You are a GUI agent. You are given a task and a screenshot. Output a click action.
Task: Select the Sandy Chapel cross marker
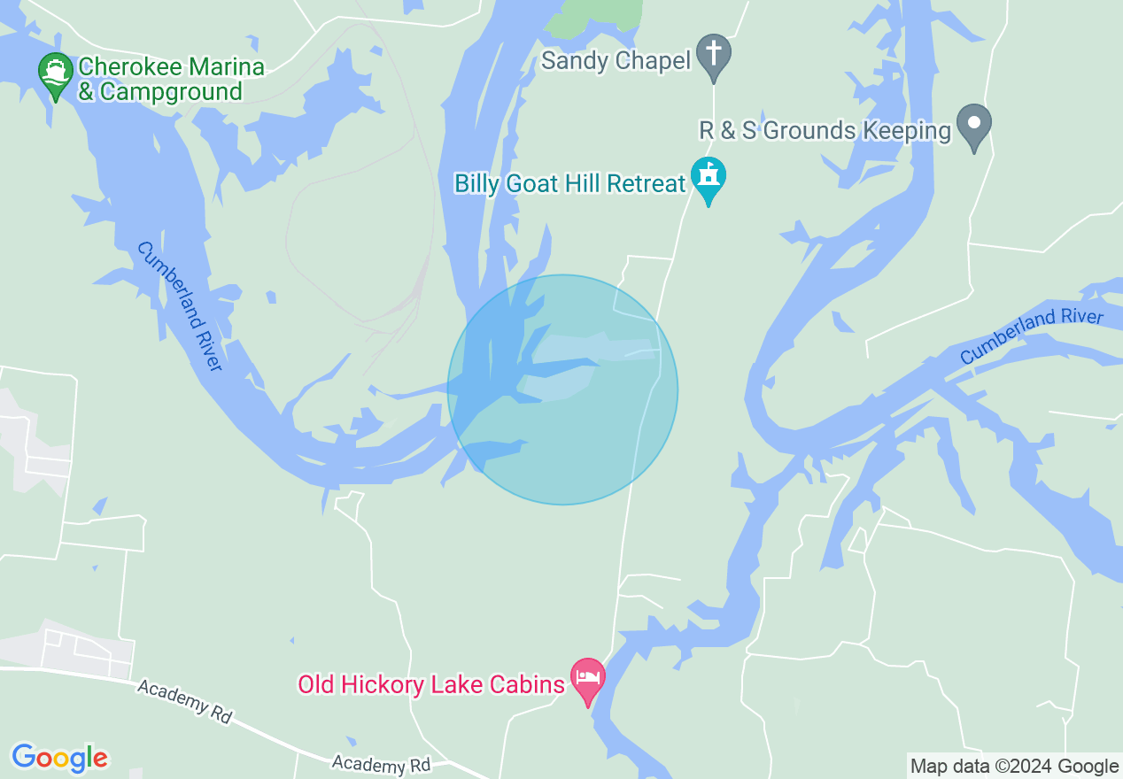click(713, 56)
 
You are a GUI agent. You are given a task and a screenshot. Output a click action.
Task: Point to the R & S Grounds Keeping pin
click(974, 126)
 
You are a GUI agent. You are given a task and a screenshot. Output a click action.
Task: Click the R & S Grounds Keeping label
click(825, 131)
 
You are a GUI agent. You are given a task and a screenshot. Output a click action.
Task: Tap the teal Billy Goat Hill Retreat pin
click(709, 178)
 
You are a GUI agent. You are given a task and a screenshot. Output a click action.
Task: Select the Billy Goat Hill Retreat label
click(570, 183)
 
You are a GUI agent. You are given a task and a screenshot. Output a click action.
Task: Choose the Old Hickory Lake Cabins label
click(430, 684)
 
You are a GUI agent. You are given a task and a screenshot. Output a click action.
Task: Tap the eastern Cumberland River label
click(1032, 336)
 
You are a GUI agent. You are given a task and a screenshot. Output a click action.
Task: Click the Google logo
click(59, 758)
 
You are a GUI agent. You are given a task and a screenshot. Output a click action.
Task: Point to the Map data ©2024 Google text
click(1015, 767)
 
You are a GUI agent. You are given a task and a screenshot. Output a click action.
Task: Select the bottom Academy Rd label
click(381, 764)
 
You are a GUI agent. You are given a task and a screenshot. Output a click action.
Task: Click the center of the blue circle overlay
click(562, 389)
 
